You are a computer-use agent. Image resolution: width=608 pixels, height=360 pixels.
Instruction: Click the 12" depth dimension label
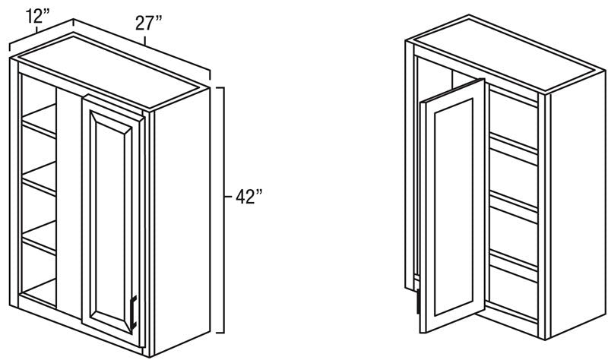37,16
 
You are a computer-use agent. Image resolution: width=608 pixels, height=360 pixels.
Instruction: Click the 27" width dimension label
148,24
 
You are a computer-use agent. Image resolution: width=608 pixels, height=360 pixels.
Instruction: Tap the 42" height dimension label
249,197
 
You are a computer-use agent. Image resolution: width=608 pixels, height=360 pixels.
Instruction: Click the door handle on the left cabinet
134,312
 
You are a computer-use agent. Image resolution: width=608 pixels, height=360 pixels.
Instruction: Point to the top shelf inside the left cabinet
40,121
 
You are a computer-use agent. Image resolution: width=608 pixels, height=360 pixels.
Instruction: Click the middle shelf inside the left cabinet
40,178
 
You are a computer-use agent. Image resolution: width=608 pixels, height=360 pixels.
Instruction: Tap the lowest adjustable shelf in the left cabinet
40,238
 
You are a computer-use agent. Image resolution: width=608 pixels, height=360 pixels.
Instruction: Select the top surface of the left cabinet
109,72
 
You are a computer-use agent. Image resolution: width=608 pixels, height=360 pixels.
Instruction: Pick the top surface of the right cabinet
504,54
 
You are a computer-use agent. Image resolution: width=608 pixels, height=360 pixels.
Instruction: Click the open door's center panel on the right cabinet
454,207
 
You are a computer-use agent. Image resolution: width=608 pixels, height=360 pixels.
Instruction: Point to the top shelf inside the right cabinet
514,148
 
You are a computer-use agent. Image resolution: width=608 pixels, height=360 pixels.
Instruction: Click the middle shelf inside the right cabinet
514,207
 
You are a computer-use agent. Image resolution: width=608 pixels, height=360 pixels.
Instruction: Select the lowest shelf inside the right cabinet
514,266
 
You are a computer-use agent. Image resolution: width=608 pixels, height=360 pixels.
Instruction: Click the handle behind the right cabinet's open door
418,302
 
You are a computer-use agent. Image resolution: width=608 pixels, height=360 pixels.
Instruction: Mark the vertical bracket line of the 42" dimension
223,210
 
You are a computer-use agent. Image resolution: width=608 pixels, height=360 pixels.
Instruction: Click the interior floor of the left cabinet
40,292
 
